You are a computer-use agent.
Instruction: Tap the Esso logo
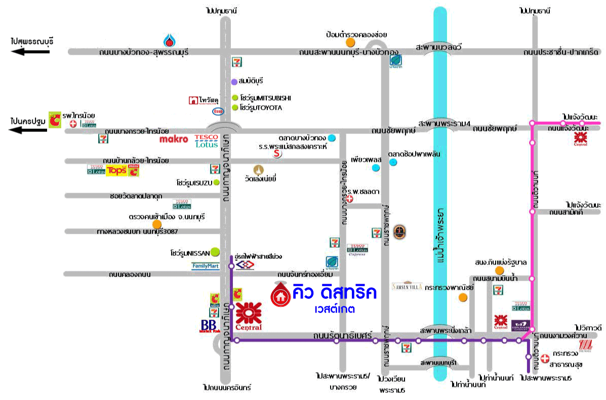(x=218, y=111)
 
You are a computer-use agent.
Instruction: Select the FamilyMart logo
(x=206, y=265)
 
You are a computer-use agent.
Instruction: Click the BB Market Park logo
(x=208, y=326)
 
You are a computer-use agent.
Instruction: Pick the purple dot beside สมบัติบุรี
(x=234, y=81)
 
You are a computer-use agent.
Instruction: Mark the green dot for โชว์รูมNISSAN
(x=215, y=251)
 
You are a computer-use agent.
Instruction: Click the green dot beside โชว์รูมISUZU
(x=216, y=182)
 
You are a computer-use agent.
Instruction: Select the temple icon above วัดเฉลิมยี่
(x=259, y=169)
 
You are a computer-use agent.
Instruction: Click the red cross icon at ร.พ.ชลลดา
(x=348, y=199)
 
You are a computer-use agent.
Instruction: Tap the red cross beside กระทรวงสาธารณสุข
(x=544, y=359)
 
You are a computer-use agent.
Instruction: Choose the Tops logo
(x=116, y=171)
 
